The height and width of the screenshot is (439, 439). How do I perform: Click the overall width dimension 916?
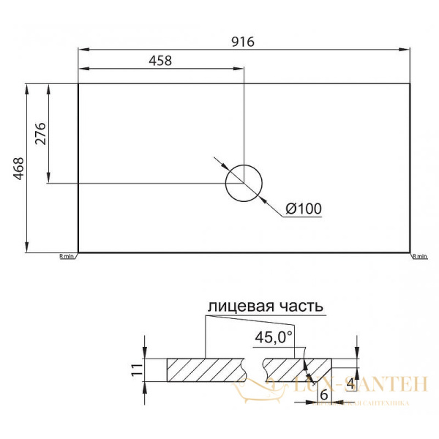click(x=244, y=42)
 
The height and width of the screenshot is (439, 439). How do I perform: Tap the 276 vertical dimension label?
click(x=41, y=134)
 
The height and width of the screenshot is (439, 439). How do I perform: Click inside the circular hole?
click(x=244, y=182)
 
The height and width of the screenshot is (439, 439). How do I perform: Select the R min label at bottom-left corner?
click(x=66, y=257)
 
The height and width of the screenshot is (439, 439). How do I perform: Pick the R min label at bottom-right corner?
click(x=419, y=257)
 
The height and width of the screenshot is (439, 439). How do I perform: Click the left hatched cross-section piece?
click(x=205, y=369)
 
